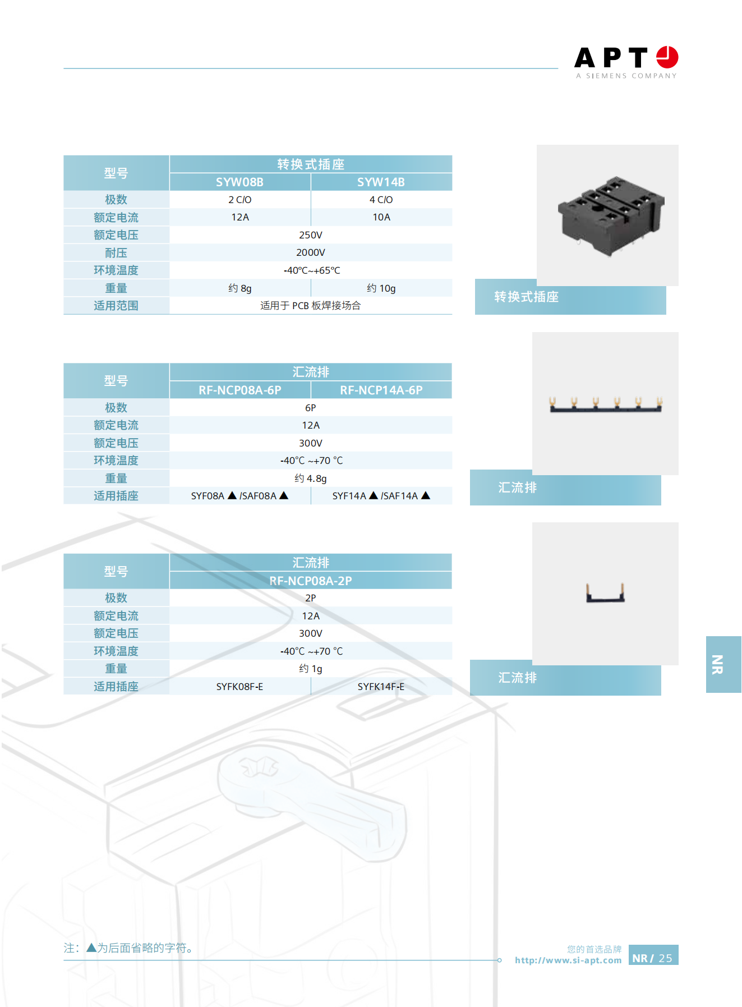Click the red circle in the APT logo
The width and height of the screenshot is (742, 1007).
coord(667,57)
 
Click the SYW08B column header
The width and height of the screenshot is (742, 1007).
coord(239,182)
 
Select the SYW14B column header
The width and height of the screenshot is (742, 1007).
coord(381,182)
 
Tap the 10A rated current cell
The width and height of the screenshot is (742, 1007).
coord(381,217)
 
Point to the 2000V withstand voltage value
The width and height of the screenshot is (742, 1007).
coord(311,252)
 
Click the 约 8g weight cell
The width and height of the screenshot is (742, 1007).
coord(239,288)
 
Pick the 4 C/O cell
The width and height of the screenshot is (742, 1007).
coord(381,200)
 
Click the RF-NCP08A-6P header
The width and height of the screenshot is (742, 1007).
coord(239,390)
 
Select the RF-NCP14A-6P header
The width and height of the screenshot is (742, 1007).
coord(381,390)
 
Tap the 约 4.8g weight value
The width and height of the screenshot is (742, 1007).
coord(311,479)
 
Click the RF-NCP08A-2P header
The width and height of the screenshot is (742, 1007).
coord(311,581)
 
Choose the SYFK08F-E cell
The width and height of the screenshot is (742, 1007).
coord(239,687)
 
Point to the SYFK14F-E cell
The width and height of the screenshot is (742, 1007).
coord(381,687)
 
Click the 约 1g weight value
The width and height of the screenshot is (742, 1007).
coord(311,669)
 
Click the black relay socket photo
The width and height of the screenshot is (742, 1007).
coord(611,215)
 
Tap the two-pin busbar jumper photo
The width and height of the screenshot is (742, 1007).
coord(605,593)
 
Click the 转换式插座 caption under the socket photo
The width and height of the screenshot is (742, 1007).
coord(526,297)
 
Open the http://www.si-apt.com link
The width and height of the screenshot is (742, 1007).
coord(568,960)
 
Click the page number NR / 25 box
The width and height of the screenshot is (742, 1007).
coord(653,955)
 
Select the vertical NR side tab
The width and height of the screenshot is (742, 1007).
coord(723,664)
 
